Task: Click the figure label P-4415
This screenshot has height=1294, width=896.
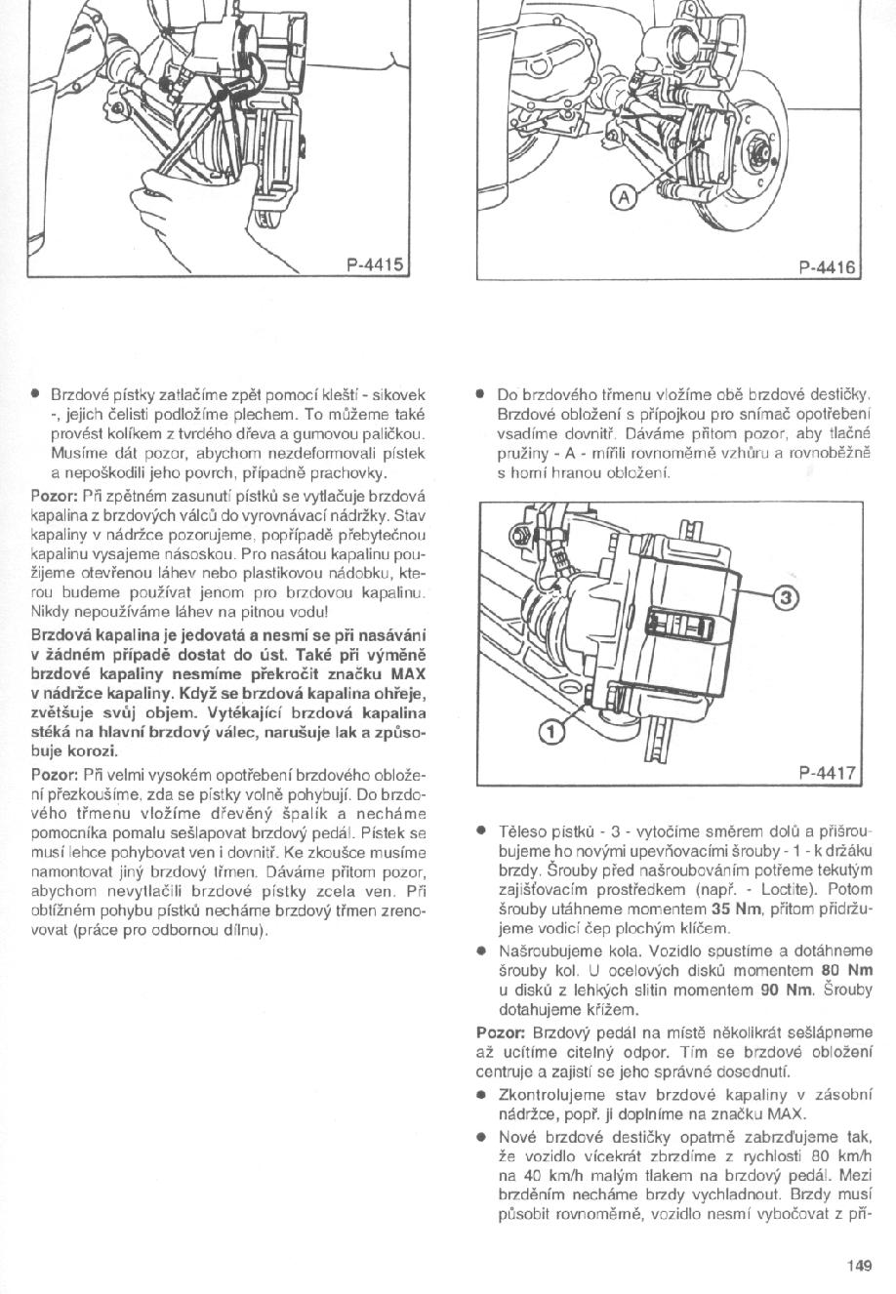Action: (x=375, y=263)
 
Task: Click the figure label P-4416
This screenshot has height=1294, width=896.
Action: (x=825, y=264)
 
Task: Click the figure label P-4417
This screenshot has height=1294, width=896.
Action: (x=826, y=773)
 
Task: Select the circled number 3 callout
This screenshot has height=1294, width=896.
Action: (x=788, y=597)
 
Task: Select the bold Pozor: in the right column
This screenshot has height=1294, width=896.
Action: (x=503, y=1032)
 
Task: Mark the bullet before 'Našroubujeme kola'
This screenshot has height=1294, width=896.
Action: (x=481, y=950)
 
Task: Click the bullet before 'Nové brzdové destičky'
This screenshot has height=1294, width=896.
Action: (x=481, y=1137)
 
